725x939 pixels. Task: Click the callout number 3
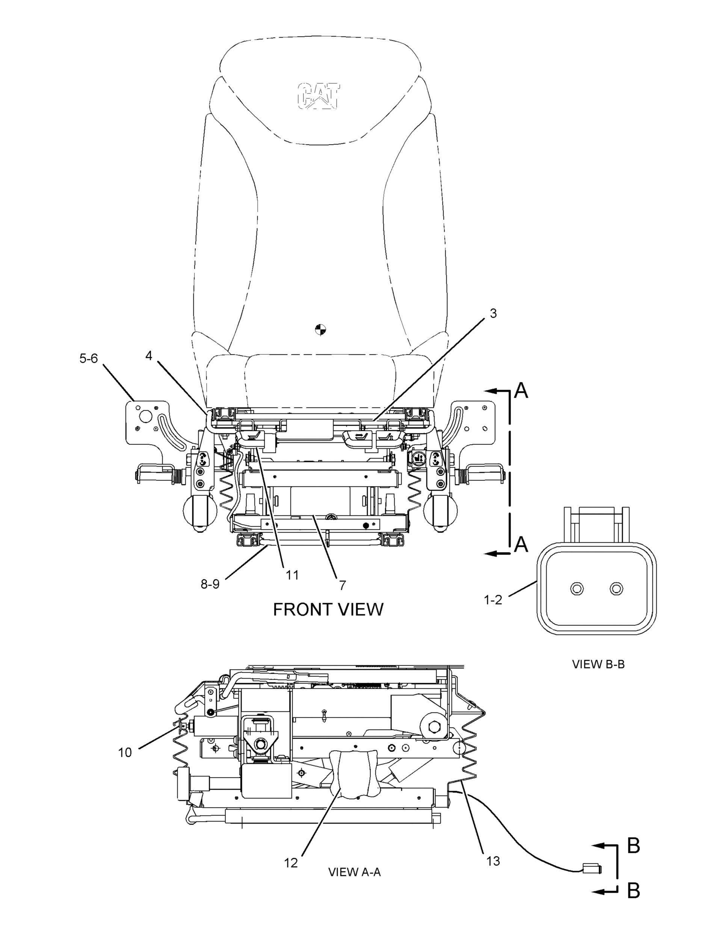pos(493,313)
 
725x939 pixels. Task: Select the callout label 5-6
pos(89,358)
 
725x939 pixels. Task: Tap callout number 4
pos(149,356)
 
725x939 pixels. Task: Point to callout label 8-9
pos(210,584)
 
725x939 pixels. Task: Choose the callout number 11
pos(292,575)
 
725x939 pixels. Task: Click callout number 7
pos(342,585)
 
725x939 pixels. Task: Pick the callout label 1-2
pos(493,600)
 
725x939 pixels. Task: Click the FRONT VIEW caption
pos(328,610)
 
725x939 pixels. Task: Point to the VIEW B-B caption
pos(598,664)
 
